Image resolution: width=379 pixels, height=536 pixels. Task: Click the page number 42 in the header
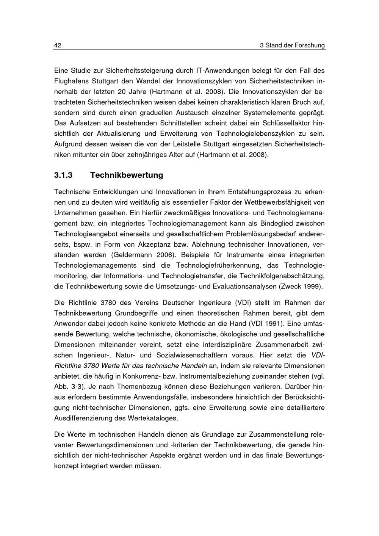tap(58, 45)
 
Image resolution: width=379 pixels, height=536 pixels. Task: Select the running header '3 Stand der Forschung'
tap(292, 45)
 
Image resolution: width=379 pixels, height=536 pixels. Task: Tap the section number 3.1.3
tap(63, 175)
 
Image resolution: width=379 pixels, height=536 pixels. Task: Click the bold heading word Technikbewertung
tap(127, 175)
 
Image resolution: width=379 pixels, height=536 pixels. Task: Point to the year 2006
tap(168, 255)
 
